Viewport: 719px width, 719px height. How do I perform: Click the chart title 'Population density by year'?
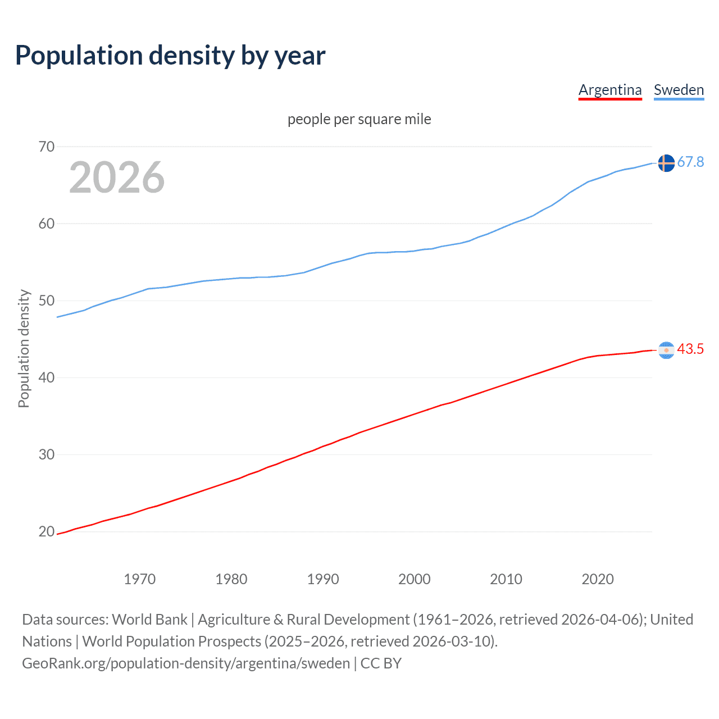pyautogui.click(x=170, y=56)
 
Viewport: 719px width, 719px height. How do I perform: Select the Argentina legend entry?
pyautogui.click(x=610, y=90)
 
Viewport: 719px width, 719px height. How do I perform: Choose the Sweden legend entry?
pyautogui.click(x=679, y=90)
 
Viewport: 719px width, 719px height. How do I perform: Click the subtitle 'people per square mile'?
pyautogui.click(x=359, y=119)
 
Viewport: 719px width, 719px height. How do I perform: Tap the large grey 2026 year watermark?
pyautogui.click(x=117, y=178)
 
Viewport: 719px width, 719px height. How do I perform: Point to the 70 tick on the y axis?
pyautogui.click(x=47, y=147)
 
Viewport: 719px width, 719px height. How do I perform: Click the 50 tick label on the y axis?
pyautogui.click(x=47, y=301)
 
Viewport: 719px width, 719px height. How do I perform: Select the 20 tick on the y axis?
pyautogui.click(x=47, y=531)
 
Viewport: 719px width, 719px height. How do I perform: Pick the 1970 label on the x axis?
pyautogui.click(x=139, y=579)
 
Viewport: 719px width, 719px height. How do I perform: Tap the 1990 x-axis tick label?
pyautogui.click(x=323, y=579)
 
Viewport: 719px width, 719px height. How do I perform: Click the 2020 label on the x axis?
pyautogui.click(x=598, y=579)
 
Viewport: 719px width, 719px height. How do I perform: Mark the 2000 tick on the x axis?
pyautogui.click(x=415, y=579)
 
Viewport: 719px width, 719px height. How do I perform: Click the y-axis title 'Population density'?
pyautogui.click(x=24, y=348)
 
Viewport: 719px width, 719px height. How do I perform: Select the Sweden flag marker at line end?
pyautogui.click(x=666, y=163)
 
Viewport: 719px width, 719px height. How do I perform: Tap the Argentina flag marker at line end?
pyautogui.click(x=666, y=350)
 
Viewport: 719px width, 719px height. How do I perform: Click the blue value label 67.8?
pyautogui.click(x=690, y=162)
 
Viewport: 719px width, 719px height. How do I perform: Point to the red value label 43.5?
pyautogui.click(x=690, y=349)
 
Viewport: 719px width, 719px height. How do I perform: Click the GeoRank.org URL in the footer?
pyautogui.click(x=186, y=663)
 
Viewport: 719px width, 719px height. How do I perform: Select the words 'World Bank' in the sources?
pyautogui.click(x=149, y=620)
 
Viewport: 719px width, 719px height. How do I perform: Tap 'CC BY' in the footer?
pyautogui.click(x=381, y=663)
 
